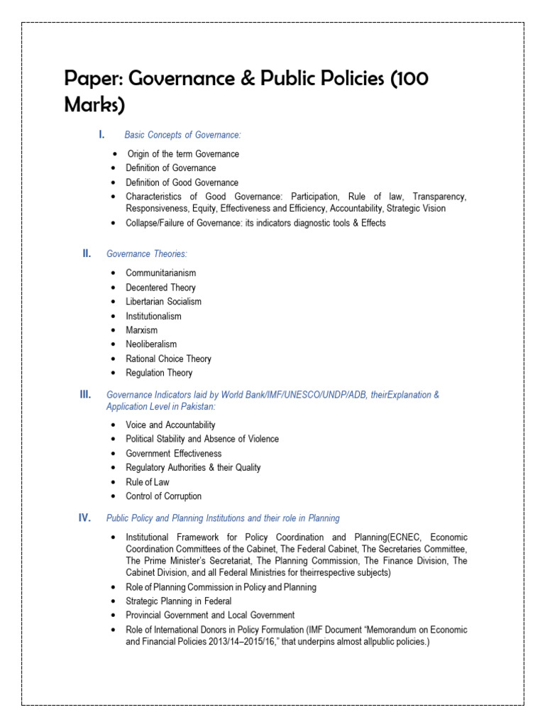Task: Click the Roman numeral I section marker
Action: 101,134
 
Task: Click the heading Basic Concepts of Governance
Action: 182,135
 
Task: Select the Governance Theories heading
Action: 146,253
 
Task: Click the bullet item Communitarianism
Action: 160,273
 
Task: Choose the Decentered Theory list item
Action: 160,288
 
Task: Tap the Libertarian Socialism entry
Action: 163,302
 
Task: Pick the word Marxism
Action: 142,330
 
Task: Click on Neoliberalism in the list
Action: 151,344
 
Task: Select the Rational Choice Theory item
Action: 168,359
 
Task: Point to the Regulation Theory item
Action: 159,373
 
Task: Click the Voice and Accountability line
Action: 170,425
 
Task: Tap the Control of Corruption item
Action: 163,496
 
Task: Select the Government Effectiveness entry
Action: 173,454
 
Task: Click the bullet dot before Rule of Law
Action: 114,483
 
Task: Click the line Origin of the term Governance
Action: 183,154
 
